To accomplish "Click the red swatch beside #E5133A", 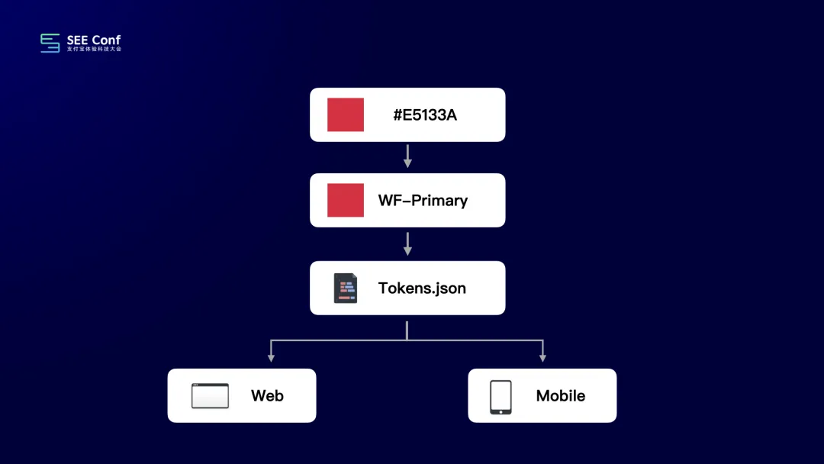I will (346, 114).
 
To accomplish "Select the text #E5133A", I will (425, 115).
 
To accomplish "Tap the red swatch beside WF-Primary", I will (346, 200).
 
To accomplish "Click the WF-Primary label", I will (423, 201).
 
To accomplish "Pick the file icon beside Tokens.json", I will (346, 288).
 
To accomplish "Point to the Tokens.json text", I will (422, 288).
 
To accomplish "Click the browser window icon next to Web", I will (210, 395).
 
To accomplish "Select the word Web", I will (267, 396).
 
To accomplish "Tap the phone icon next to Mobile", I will (501, 397).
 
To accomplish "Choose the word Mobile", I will (561, 396).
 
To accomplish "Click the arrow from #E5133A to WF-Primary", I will (407, 156).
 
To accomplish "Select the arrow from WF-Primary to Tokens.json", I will (407, 243).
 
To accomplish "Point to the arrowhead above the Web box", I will (271, 357).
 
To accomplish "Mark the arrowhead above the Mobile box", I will (542, 357).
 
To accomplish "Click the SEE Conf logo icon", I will (50, 43).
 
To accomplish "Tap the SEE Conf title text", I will (94, 40).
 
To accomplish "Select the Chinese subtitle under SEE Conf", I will (94, 50).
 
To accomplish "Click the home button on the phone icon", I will (501, 411).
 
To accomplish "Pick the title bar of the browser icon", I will (210, 385).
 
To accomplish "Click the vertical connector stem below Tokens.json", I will (407, 330).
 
